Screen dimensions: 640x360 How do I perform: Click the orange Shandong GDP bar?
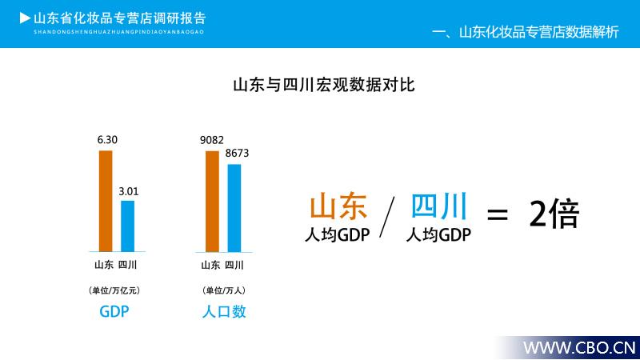[x=106, y=202]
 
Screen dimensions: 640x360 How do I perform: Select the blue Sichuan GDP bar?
[x=128, y=226]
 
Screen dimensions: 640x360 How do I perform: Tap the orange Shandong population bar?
[x=212, y=202]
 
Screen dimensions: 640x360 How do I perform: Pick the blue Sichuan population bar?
[x=234, y=208]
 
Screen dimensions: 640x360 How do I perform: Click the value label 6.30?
[x=107, y=140]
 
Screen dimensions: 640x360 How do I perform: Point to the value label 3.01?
[x=129, y=191]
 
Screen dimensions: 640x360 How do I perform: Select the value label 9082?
[x=212, y=140]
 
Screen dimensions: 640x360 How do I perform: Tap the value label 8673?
[x=237, y=153]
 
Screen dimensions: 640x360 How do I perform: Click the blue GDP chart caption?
[x=114, y=311]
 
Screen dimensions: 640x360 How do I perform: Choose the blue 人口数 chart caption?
[x=224, y=311]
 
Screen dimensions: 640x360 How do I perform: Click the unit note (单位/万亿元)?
[x=114, y=290]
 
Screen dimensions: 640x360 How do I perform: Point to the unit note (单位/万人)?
[x=224, y=290]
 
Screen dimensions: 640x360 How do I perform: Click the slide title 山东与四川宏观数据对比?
[x=324, y=85]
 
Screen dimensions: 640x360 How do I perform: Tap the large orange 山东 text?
[x=338, y=206]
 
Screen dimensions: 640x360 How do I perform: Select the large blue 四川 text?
[x=438, y=206]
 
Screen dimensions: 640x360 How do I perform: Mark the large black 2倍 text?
[x=554, y=214]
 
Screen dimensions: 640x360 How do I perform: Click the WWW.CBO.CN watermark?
[x=579, y=348]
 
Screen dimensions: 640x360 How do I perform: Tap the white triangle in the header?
[x=25, y=18]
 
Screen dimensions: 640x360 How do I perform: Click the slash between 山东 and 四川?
[x=387, y=217]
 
